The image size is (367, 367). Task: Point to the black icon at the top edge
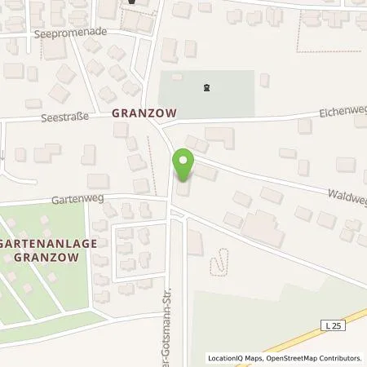coord(131,2)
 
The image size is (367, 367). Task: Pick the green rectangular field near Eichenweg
coord(207,92)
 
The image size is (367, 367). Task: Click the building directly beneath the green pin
coord(182,189)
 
